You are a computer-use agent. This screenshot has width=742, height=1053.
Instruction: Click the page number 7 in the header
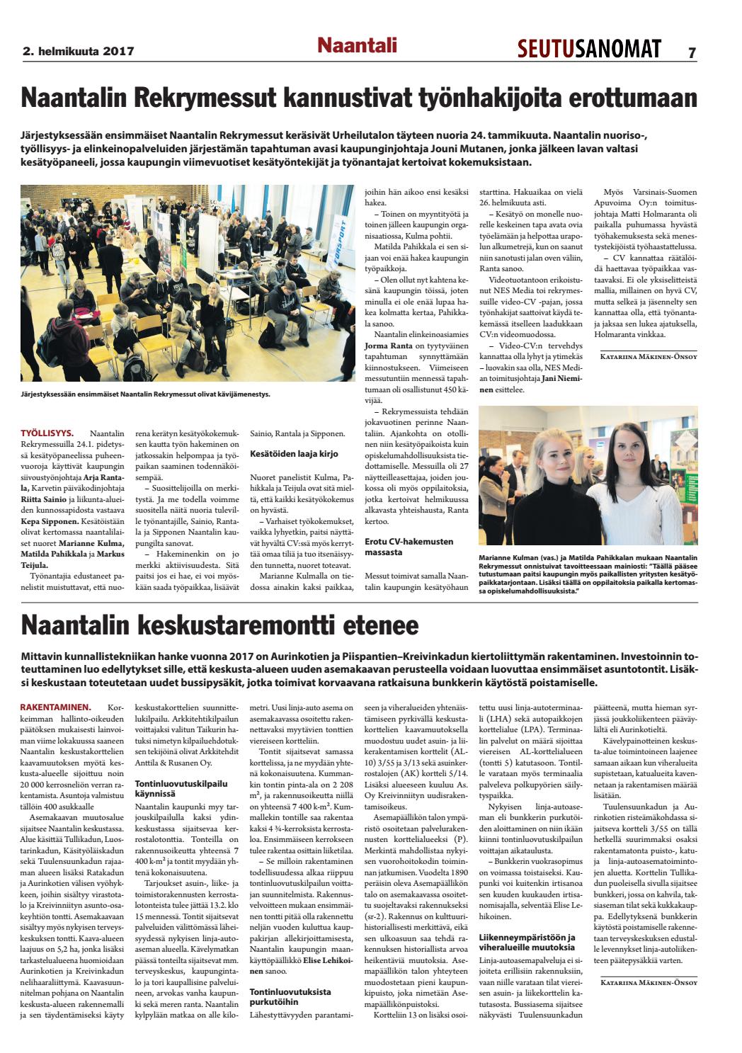691,51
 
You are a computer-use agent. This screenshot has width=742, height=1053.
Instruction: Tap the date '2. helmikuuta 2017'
78,51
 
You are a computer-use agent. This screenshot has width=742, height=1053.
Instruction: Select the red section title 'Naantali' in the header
356,46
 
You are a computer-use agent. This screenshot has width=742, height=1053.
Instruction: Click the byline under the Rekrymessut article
649,356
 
